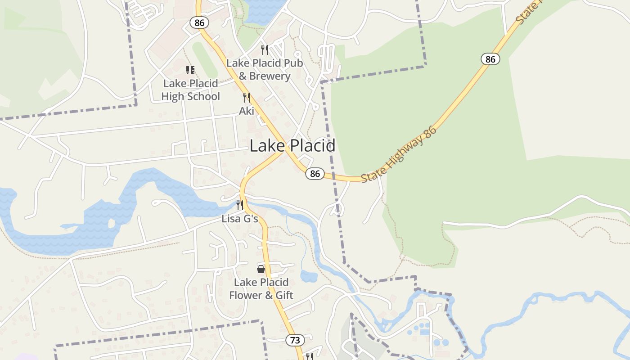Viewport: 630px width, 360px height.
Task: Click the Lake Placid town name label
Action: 292,146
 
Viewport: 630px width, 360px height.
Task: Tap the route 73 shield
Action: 295,340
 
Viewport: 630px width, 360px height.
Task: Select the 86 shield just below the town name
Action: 315,174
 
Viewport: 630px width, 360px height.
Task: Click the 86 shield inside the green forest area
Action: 490,59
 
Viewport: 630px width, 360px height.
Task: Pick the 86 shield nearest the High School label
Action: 199,22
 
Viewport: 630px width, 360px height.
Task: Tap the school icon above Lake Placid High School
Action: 190,70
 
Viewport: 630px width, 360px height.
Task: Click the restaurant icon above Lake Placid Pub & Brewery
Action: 265,49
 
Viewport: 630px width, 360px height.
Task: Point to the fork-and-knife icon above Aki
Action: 246,97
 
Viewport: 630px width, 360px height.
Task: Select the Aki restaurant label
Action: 247,111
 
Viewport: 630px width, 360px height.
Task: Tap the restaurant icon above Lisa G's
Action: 240,205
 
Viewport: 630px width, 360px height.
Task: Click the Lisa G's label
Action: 240,219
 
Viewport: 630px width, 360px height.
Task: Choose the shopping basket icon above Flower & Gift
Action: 261,269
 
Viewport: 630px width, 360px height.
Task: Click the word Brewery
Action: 270,76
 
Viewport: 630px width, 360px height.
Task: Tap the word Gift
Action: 284,295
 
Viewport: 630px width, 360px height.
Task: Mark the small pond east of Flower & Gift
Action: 309,276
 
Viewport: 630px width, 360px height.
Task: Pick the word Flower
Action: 245,295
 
